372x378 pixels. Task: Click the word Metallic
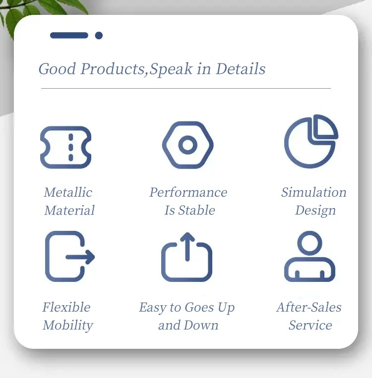68,192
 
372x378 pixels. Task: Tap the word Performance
188,192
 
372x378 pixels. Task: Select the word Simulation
313,192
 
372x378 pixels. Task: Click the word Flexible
66,307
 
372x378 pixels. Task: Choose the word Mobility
68,325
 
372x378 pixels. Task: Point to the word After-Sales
309,307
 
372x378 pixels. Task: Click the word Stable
196,210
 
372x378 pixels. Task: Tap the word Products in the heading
113,69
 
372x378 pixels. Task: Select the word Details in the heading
241,69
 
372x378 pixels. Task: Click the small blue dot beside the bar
99,36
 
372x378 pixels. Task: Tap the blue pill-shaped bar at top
69,36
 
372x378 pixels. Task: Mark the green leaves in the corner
36,9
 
